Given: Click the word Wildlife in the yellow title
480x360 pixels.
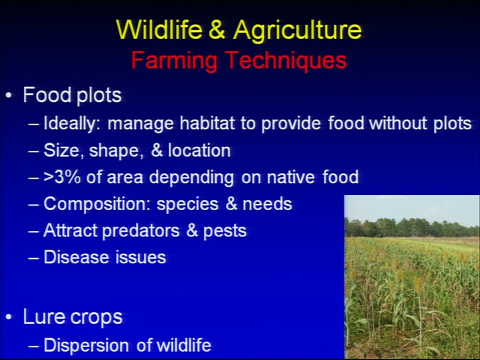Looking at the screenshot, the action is [159, 29].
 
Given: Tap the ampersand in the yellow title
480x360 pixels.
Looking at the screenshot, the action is [217, 29].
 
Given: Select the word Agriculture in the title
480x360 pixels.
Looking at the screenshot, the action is [298, 31].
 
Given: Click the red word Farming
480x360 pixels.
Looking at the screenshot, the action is [174, 61].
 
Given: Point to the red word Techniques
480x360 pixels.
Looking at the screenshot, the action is [286, 61].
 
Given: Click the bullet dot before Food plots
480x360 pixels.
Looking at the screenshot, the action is [8, 95].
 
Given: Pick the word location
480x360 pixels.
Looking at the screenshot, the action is [199, 151].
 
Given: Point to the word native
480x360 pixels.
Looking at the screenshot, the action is [290, 177].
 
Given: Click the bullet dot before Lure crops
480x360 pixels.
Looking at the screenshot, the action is [8, 317].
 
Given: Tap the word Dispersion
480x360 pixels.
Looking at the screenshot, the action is [86, 346].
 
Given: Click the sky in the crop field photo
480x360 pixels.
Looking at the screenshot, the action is [412, 207].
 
